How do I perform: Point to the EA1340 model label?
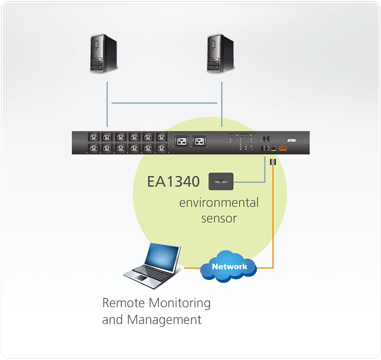173,181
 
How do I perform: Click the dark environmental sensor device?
220,181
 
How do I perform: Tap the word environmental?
219,203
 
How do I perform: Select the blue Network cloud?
229,266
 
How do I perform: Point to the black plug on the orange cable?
273,162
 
